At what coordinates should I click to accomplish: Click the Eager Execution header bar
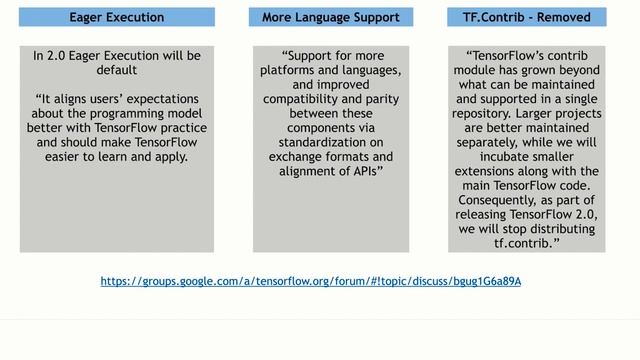click(x=116, y=17)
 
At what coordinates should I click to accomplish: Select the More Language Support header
click(x=330, y=17)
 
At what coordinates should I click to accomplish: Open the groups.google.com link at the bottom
click(x=311, y=281)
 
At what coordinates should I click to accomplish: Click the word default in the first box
click(x=117, y=71)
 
